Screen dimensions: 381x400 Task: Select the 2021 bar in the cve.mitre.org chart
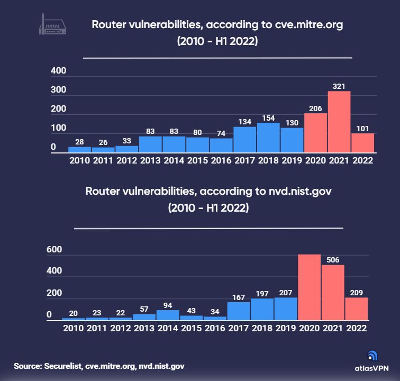(x=339, y=122)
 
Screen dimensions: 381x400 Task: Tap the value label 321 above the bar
(x=339, y=86)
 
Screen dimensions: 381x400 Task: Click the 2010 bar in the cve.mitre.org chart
(x=79, y=150)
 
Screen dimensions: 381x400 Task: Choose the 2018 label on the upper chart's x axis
(x=268, y=160)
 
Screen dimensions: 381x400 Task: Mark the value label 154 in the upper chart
(x=268, y=117)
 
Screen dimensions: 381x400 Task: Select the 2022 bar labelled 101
(x=362, y=143)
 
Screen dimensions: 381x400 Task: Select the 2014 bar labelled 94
(x=168, y=315)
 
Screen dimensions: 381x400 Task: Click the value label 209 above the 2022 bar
(x=357, y=292)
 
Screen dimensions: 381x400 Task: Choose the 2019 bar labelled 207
(x=286, y=309)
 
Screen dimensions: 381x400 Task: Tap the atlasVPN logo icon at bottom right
(x=372, y=356)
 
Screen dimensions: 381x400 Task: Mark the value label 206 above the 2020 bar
(x=315, y=107)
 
